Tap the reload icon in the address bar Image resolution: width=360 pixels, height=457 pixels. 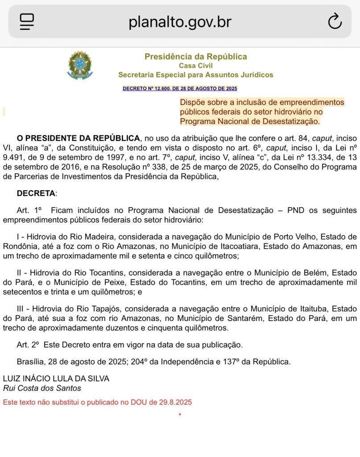tap(335, 21)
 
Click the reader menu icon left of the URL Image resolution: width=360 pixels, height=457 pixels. tap(27, 21)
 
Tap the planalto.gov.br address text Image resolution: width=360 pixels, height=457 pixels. tap(180, 21)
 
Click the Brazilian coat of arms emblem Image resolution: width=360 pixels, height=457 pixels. tap(80, 66)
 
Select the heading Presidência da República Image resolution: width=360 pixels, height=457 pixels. tap(195, 57)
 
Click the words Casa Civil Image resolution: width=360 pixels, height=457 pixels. tap(195, 66)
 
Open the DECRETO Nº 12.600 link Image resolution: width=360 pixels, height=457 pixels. tap(180, 88)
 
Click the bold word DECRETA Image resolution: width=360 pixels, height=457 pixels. tap(37, 193)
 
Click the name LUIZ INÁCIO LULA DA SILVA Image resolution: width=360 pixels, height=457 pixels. tap(56, 378)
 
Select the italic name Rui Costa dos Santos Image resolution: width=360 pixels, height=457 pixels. tap(42, 388)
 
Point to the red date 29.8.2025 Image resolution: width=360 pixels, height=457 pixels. tap(175, 402)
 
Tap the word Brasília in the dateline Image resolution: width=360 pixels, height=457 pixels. tap(31, 361)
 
